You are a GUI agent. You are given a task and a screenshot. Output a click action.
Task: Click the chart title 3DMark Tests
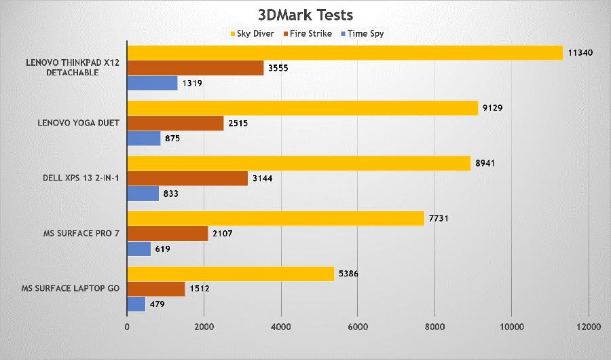click(305, 14)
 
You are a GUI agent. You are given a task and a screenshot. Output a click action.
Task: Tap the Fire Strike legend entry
click(308, 33)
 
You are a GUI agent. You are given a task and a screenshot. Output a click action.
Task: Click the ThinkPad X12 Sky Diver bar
click(345, 53)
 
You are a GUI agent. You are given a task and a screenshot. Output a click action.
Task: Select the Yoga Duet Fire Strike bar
click(175, 123)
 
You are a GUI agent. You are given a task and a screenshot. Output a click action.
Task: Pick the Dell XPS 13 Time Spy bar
click(143, 194)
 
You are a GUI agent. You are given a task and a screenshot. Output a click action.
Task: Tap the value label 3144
click(263, 179)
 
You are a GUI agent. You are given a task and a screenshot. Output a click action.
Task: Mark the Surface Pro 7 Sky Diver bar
click(276, 219)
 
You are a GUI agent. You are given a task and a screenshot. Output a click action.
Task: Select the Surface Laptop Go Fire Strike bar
click(155, 289)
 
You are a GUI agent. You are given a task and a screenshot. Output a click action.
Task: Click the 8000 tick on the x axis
click(434, 327)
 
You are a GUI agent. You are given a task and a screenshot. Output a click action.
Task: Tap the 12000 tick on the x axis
click(588, 327)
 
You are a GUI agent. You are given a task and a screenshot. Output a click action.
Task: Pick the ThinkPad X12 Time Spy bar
click(152, 83)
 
